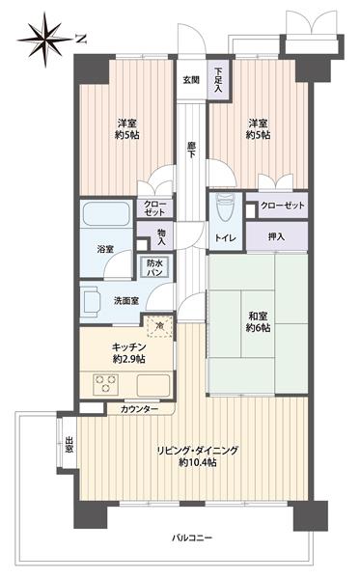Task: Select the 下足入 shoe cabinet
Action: tap(219, 80)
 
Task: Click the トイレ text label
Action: tap(226, 235)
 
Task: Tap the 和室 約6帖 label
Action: tap(258, 322)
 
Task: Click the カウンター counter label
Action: tap(141, 409)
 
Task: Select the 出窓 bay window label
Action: tap(69, 446)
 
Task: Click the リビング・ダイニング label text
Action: tap(201, 450)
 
